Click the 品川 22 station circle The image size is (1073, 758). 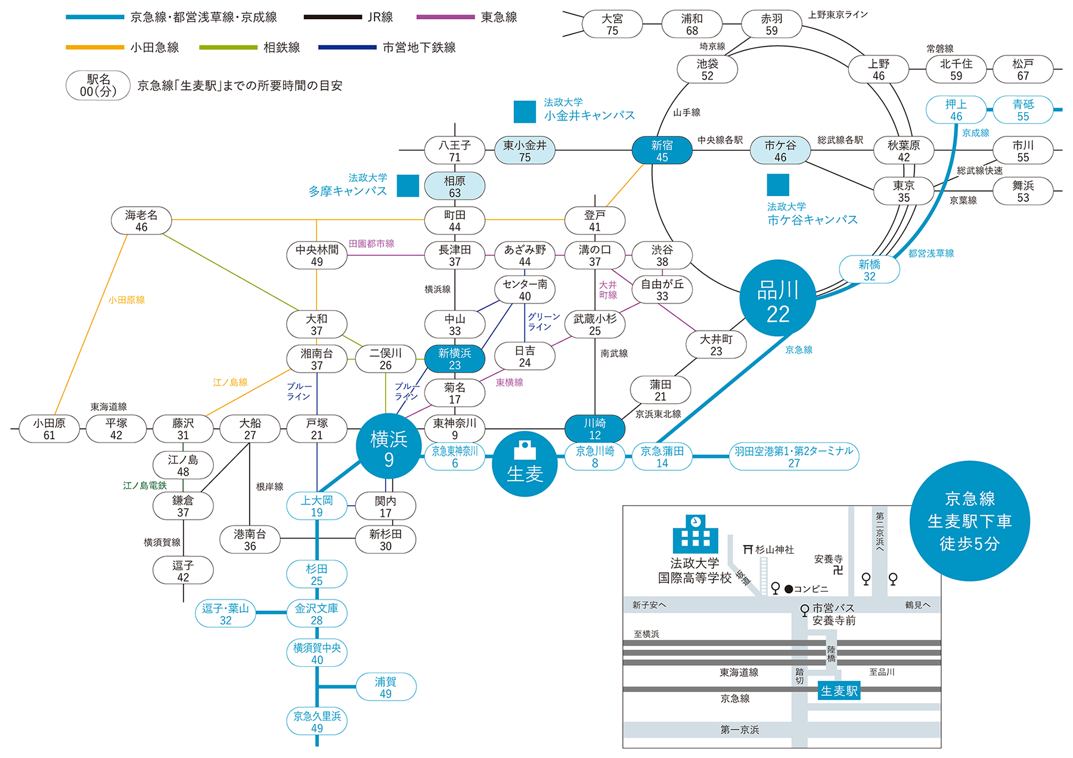[777, 298]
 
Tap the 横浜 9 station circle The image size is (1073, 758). [389, 446]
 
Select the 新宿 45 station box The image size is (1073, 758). [662, 150]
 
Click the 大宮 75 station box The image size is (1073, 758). [612, 24]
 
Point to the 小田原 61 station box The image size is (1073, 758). [49, 429]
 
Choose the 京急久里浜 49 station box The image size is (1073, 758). [317, 722]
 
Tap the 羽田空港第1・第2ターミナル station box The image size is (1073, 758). [793, 457]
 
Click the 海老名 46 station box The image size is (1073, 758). [141, 221]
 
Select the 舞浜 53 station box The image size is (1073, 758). [1023, 191]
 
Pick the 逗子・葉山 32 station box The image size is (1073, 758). [225, 614]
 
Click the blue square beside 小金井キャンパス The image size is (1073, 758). [525, 112]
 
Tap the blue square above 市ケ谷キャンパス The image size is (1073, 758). [778, 185]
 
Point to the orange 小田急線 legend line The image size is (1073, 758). [95, 47]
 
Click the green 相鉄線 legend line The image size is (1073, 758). [228, 47]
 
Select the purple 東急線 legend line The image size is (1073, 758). [445, 17]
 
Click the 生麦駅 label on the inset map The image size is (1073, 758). [839, 691]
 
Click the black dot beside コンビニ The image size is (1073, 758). [789, 589]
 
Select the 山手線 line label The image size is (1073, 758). [687, 112]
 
